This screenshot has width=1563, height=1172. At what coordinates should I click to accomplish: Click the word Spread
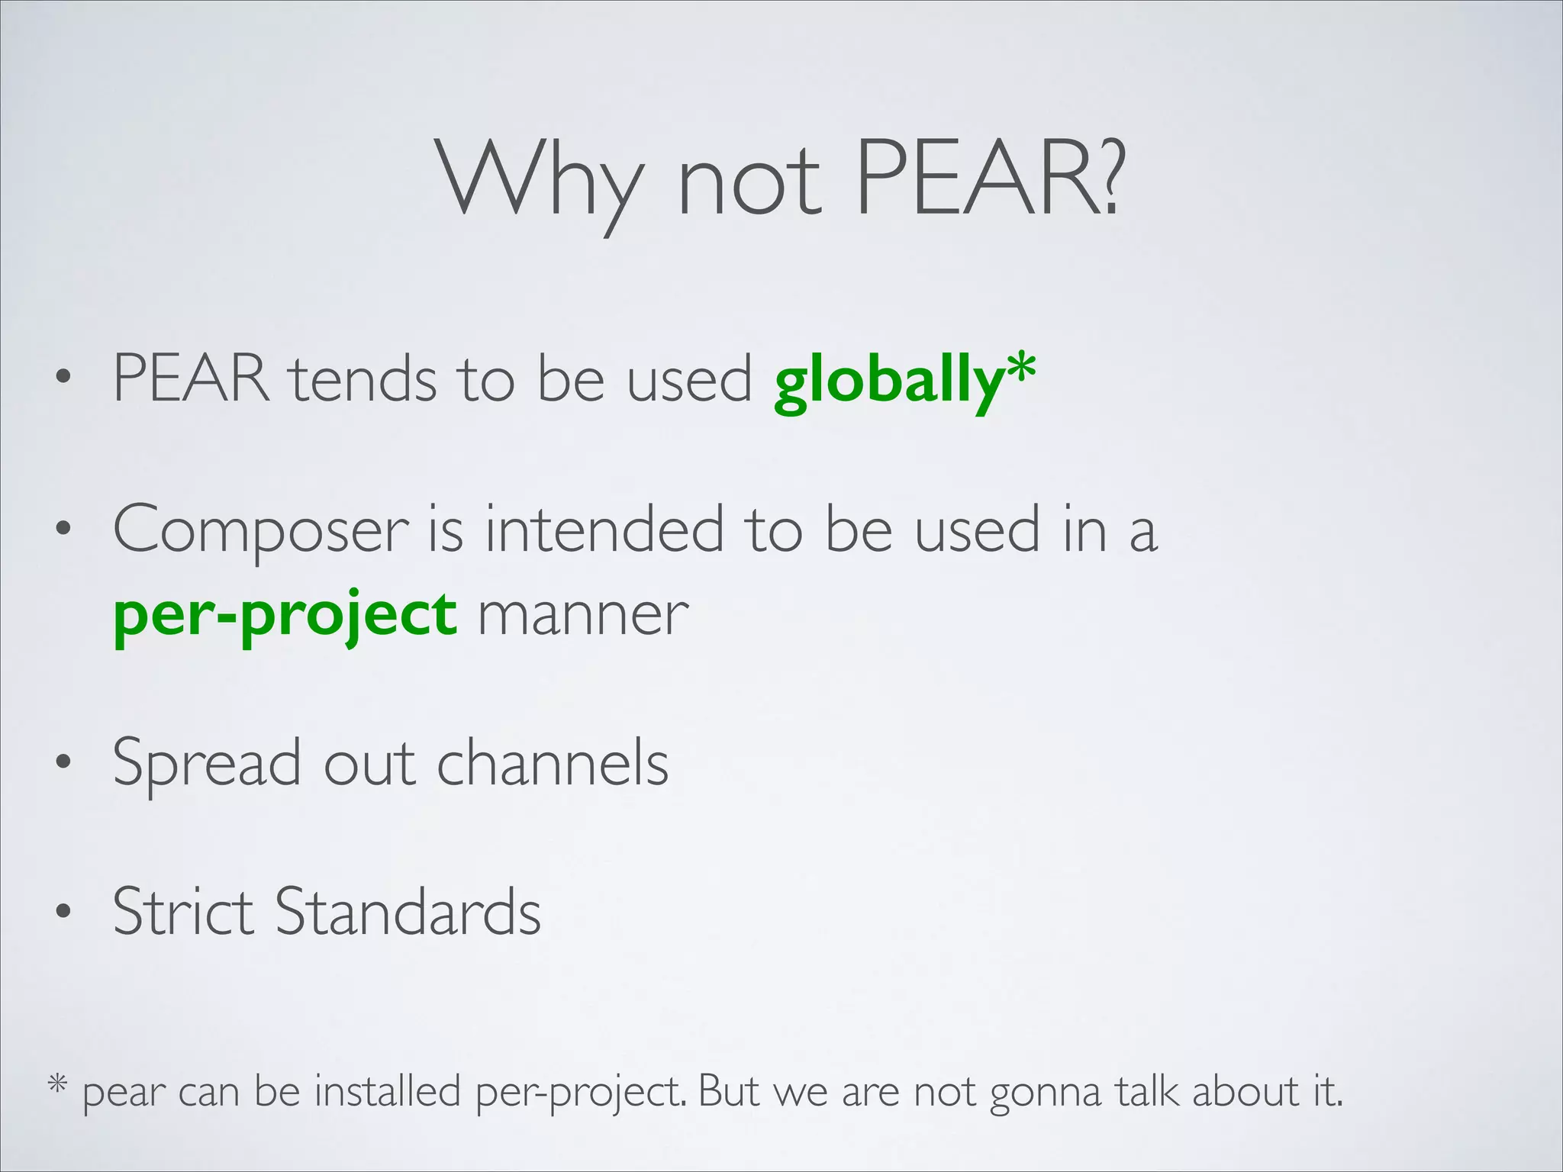click(x=206, y=764)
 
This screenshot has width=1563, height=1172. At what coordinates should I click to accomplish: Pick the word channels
click(x=553, y=762)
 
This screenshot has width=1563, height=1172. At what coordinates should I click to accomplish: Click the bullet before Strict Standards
click(x=63, y=912)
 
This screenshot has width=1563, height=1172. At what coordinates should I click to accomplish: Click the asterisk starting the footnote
click(x=58, y=1084)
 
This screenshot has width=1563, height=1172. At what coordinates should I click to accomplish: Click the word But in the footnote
click(x=728, y=1090)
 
